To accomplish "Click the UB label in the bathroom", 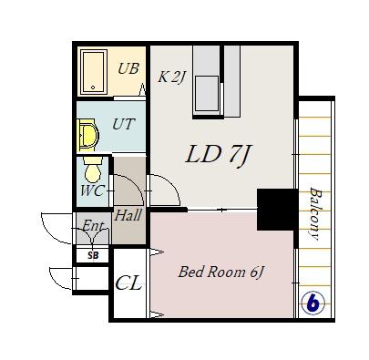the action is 128,68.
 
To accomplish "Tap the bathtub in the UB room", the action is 94,72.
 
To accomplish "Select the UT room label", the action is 123,124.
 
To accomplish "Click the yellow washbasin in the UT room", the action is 88,135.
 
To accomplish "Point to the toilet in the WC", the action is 92,170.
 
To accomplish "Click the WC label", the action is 93,190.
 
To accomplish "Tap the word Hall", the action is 128,215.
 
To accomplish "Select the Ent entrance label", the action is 93,226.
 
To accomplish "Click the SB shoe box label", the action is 93,255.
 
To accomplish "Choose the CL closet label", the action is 128,283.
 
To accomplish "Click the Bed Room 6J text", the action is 220,272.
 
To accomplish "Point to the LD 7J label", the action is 219,155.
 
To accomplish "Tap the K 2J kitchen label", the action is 171,77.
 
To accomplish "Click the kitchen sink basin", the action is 207,94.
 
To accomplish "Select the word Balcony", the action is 315,213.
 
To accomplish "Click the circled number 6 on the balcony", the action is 313,303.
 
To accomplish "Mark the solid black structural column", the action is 277,210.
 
